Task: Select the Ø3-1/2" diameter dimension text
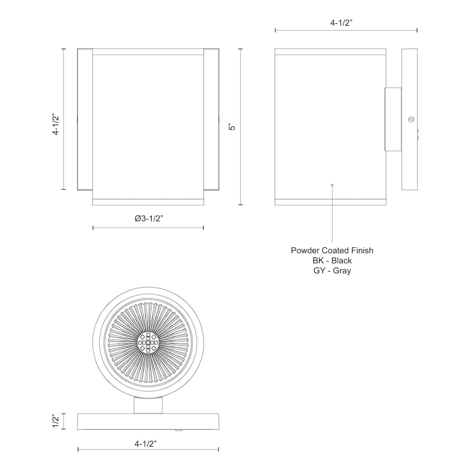click(148, 219)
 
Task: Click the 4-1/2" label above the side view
click(346, 23)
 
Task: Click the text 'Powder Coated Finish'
click(332, 250)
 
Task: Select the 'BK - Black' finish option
click(332, 261)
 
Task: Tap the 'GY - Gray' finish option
click(332, 271)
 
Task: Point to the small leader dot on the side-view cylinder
click(332, 185)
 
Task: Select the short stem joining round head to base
click(148, 405)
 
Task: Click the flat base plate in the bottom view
click(148, 421)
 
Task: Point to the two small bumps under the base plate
click(178, 430)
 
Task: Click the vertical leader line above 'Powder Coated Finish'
click(332, 215)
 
